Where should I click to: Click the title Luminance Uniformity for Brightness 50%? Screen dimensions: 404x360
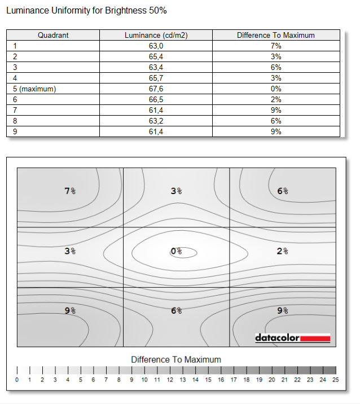click(x=86, y=11)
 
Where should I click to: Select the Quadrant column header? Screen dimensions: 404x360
click(x=53, y=35)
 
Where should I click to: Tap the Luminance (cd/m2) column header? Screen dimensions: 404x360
click(x=156, y=35)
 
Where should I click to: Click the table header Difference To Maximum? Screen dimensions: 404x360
click(x=275, y=35)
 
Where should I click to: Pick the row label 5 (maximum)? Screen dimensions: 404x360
click(x=34, y=89)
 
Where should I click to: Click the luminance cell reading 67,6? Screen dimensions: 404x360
click(x=156, y=89)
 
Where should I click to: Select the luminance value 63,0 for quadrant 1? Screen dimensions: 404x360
click(x=156, y=46)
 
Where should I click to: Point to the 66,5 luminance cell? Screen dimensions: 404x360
click(x=156, y=99)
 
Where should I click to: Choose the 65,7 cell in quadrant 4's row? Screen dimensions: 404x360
click(x=156, y=78)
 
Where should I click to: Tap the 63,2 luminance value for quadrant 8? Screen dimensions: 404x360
click(x=156, y=121)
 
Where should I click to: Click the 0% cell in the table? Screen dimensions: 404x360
click(x=275, y=89)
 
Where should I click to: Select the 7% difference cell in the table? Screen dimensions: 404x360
click(x=275, y=46)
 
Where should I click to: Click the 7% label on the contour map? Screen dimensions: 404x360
click(x=71, y=191)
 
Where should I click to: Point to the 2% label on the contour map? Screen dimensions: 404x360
click(x=283, y=251)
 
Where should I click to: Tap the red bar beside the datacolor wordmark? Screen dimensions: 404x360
click(x=315, y=339)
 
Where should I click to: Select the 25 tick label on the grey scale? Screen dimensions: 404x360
click(x=335, y=380)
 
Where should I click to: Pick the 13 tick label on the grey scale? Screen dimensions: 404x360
click(x=182, y=380)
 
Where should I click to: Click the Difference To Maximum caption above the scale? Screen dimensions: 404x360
click(x=176, y=359)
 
